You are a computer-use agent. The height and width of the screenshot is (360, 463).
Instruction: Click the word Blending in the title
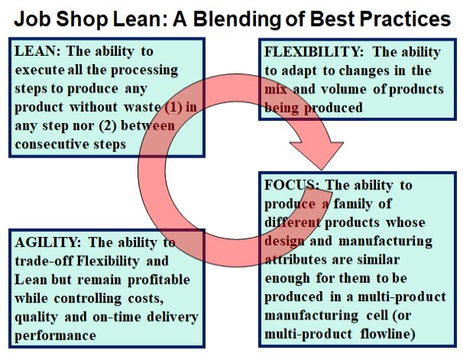(237, 20)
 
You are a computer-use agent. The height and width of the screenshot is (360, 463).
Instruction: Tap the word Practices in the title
(404, 18)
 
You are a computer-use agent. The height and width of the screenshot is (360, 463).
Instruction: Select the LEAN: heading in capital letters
(37, 51)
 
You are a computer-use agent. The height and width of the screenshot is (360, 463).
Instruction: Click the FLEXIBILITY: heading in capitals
(314, 52)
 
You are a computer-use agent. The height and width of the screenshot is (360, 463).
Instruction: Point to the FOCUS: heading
(291, 185)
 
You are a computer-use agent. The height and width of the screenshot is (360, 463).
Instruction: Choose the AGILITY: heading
(48, 242)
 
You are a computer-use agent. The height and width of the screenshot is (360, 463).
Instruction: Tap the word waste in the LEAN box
(142, 107)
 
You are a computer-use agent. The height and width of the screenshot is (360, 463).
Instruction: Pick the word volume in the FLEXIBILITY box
(343, 89)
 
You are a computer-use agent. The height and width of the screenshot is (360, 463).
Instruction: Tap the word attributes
(296, 260)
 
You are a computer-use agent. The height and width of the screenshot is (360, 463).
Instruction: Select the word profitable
(159, 280)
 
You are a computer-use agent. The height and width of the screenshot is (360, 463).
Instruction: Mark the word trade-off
(44, 261)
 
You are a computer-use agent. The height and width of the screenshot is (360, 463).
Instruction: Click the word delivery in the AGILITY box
(173, 317)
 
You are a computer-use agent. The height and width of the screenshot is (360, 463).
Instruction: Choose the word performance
(55, 336)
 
